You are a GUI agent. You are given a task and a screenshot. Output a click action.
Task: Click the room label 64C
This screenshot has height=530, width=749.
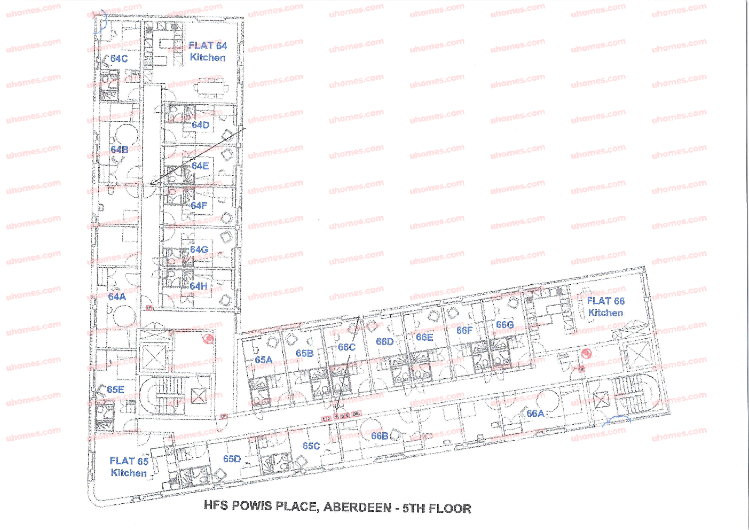[x=119, y=59]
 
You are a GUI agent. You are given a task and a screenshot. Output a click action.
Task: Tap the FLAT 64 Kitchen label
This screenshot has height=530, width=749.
[x=208, y=51]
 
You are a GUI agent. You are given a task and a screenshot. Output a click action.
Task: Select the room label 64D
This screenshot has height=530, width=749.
[x=200, y=125]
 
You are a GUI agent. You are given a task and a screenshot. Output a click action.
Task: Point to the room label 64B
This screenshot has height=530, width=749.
[x=119, y=150]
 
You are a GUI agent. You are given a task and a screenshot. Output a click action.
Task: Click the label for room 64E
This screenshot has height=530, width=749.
[x=200, y=166]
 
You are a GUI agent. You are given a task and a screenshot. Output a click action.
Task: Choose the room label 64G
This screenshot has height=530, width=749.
[x=199, y=250]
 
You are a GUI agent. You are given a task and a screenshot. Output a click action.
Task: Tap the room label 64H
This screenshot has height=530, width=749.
[x=199, y=286]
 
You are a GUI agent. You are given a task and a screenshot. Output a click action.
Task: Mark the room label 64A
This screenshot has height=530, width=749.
[x=117, y=297]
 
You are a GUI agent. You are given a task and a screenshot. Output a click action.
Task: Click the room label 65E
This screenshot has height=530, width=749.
[x=115, y=389]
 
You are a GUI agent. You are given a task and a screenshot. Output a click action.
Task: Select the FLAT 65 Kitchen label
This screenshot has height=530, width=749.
[x=128, y=466]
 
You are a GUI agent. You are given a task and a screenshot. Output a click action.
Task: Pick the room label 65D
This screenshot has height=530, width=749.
[x=232, y=459]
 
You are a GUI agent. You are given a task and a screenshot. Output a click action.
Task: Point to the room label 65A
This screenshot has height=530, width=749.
[x=263, y=360]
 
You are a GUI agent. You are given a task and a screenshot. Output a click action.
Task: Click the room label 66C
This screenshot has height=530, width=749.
[x=346, y=347]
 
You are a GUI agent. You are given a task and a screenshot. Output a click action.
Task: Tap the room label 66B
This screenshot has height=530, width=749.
[x=380, y=436]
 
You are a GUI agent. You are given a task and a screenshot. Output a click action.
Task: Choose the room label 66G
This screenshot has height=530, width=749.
[x=504, y=325]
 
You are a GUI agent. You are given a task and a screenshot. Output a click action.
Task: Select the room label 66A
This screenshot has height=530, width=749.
[x=535, y=414]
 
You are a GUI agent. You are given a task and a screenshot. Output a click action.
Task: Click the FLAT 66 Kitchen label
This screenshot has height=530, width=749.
[x=605, y=307]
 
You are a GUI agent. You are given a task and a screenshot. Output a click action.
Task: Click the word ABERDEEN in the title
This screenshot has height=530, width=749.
[x=357, y=507]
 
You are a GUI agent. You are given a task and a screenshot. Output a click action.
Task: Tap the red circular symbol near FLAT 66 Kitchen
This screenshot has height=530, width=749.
[x=587, y=353]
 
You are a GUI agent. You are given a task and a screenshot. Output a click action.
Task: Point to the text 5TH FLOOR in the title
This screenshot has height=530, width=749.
[x=437, y=508]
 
